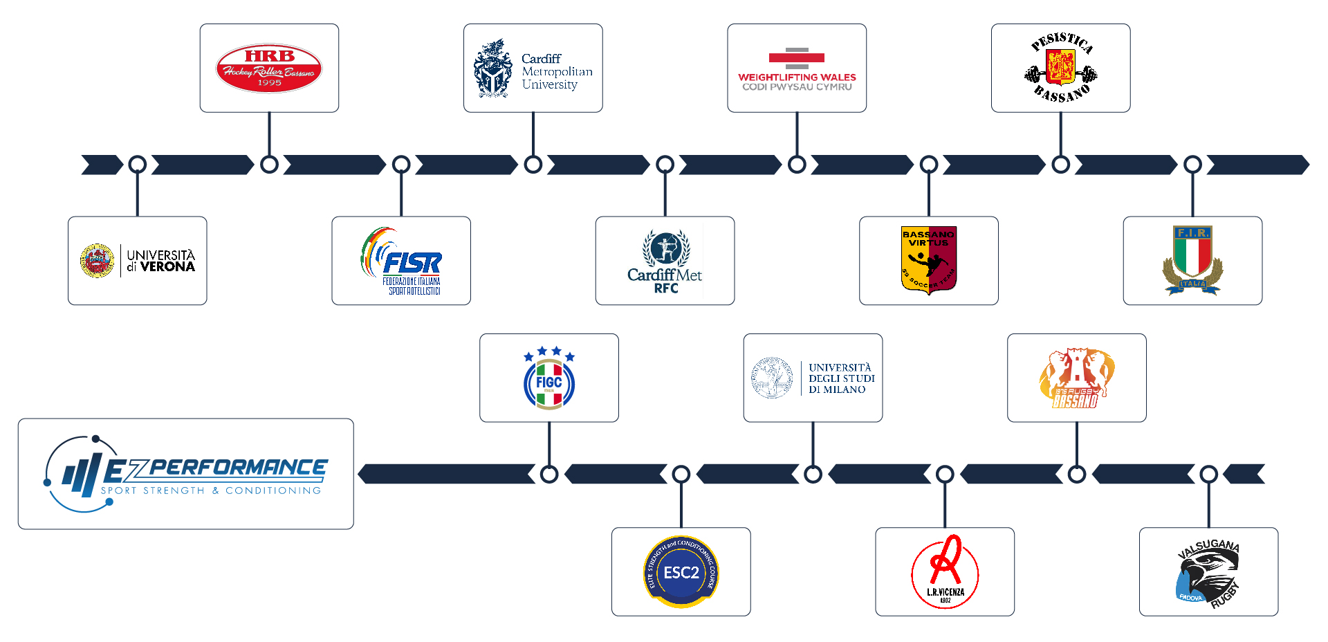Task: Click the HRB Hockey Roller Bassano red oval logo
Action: tap(269, 68)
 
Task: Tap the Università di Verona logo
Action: tap(138, 261)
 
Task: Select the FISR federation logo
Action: tap(401, 261)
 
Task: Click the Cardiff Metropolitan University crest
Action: tap(492, 68)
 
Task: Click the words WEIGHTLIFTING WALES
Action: tap(797, 77)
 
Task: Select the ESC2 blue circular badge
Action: tap(681, 572)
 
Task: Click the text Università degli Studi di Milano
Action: tap(842, 378)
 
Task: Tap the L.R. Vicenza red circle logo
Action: tap(945, 572)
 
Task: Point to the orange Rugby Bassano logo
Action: tap(1076, 378)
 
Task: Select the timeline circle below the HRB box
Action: tap(269, 165)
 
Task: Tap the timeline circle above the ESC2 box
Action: tap(681, 475)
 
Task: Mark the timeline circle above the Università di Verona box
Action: tap(138, 165)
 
